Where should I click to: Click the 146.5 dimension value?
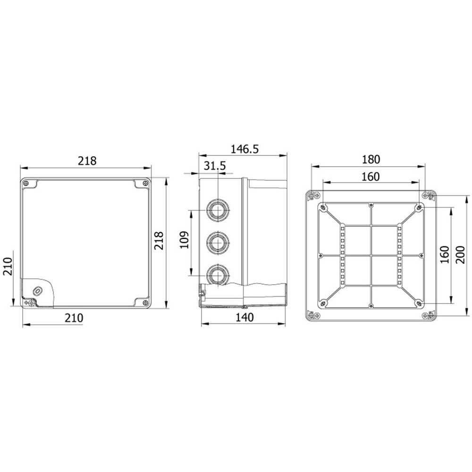(244, 149)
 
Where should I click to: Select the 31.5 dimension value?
(215, 166)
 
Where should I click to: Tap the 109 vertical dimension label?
(185, 240)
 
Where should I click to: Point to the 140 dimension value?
(244, 317)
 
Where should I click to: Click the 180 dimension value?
(371, 160)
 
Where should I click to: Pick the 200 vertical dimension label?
(460, 255)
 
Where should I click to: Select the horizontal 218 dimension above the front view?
(87, 161)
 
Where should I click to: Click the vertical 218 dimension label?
(159, 241)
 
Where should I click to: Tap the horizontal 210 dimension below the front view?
(74, 318)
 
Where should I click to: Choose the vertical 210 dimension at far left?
(7, 266)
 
